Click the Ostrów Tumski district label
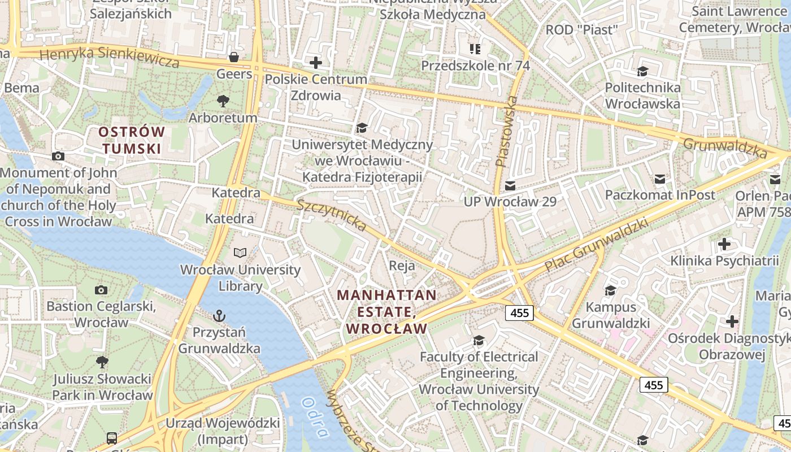pyautogui.click(x=132, y=140)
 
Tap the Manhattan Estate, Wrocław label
pyautogui.click(x=387, y=311)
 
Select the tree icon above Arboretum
pyautogui.click(x=223, y=101)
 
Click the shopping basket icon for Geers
pyautogui.click(x=233, y=57)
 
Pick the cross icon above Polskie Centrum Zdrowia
pyautogui.click(x=316, y=62)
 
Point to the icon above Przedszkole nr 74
pyautogui.click(x=475, y=49)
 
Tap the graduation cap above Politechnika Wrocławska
pyautogui.click(x=642, y=71)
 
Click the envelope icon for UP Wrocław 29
pyautogui.click(x=510, y=185)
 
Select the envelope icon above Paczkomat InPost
pyautogui.click(x=660, y=179)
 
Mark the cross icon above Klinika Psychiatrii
pyautogui.click(x=724, y=244)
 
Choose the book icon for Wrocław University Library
pyautogui.click(x=240, y=253)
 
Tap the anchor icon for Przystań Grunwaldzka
pyautogui.click(x=219, y=315)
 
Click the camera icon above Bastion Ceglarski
pyautogui.click(x=101, y=290)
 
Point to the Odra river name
pyautogui.click(x=315, y=418)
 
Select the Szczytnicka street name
pyautogui.click(x=332, y=215)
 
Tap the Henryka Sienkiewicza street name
pyautogui.click(x=110, y=57)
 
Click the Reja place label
pyautogui.click(x=402, y=266)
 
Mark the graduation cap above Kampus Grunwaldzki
pyautogui.click(x=610, y=290)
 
